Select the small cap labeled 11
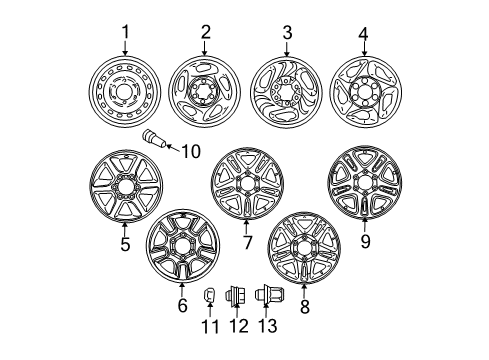211,296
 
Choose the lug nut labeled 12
239,296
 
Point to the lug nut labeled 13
266,296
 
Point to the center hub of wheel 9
364,186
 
